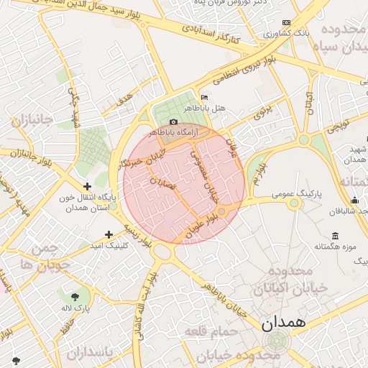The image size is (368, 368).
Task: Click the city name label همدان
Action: coord(283,323)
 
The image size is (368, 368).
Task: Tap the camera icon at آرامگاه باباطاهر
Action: coord(173,122)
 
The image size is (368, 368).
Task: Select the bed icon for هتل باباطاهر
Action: coord(205,97)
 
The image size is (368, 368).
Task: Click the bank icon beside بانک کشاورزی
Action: coord(287,23)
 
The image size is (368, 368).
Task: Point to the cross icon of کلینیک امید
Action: coord(109,234)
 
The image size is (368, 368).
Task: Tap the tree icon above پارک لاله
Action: coord(75,295)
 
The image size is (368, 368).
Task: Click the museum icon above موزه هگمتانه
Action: coord(335,236)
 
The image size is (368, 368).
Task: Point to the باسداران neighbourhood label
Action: coord(91,354)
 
